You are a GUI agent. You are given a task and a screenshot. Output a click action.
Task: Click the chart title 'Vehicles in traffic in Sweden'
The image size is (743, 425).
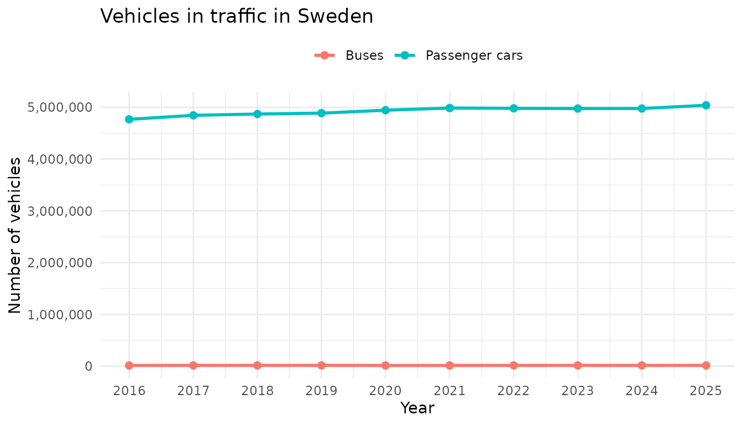click(237, 17)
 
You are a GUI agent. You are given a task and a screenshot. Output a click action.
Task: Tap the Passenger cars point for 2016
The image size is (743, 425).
click(129, 119)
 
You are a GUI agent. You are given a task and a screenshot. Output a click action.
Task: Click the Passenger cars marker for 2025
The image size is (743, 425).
click(706, 105)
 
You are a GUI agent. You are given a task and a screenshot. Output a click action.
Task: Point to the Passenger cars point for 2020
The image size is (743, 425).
click(385, 110)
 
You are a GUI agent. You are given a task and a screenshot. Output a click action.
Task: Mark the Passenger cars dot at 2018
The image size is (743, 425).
click(257, 114)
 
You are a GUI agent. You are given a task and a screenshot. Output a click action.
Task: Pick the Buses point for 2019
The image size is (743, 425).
click(321, 365)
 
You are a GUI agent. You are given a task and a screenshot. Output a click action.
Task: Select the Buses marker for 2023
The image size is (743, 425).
click(578, 365)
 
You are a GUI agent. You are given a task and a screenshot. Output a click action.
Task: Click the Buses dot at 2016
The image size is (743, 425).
click(129, 365)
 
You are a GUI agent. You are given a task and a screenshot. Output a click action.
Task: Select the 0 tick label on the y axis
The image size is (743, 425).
click(88, 366)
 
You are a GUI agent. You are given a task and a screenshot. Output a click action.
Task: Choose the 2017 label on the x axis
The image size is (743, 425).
click(193, 391)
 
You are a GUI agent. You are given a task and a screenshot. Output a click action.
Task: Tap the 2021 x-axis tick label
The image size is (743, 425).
click(449, 391)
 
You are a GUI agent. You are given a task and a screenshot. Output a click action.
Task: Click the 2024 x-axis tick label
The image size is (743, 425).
click(642, 391)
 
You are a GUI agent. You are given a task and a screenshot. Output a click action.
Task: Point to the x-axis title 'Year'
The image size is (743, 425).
click(417, 408)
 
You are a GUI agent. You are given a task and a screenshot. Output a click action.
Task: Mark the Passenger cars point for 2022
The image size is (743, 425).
click(514, 108)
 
